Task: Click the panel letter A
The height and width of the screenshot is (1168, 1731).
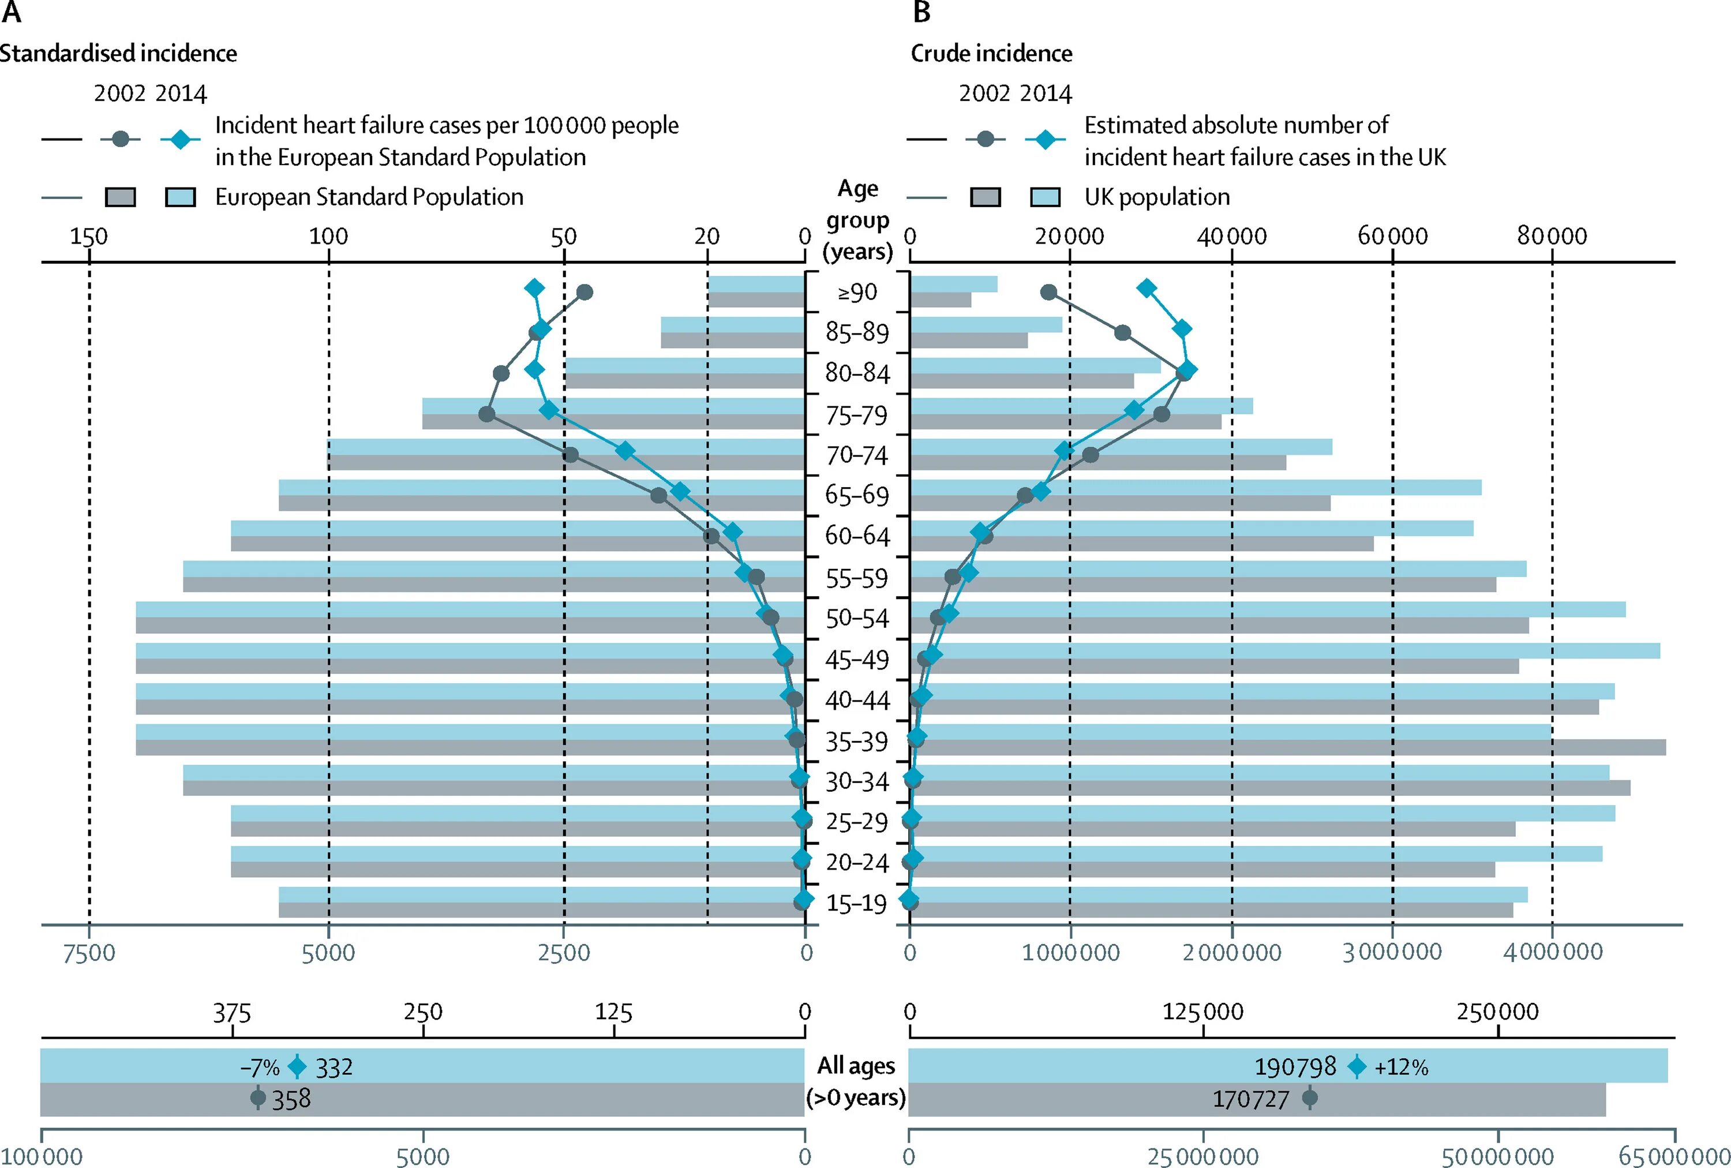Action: (x=11, y=13)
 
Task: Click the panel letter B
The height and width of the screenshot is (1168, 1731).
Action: (x=921, y=13)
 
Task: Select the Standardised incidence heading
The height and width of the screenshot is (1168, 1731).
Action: (x=118, y=54)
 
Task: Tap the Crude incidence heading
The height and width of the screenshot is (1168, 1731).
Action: (x=991, y=54)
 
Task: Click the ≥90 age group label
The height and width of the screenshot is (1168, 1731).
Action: (x=857, y=293)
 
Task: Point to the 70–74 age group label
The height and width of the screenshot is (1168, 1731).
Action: (x=857, y=455)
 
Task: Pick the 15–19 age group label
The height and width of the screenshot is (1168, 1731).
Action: (x=857, y=904)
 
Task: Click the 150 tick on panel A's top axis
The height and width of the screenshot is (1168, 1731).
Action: (x=89, y=237)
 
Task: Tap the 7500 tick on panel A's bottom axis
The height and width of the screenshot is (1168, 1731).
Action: (x=89, y=953)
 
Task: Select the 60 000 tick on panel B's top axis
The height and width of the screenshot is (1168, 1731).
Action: (x=1392, y=237)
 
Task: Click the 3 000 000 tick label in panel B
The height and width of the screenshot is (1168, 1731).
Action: (x=1392, y=952)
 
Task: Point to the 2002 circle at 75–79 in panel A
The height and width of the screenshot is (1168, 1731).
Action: (x=486, y=414)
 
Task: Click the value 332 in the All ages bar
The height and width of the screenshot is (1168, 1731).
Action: (x=334, y=1068)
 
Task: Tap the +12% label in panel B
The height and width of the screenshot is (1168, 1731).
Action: (x=1401, y=1068)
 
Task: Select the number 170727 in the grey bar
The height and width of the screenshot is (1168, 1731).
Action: (x=1250, y=1099)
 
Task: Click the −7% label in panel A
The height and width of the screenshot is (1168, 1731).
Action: (x=259, y=1068)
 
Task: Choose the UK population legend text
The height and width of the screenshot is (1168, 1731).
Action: (x=1157, y=197)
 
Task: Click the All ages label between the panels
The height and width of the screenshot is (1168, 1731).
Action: (x=856, y=1066)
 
